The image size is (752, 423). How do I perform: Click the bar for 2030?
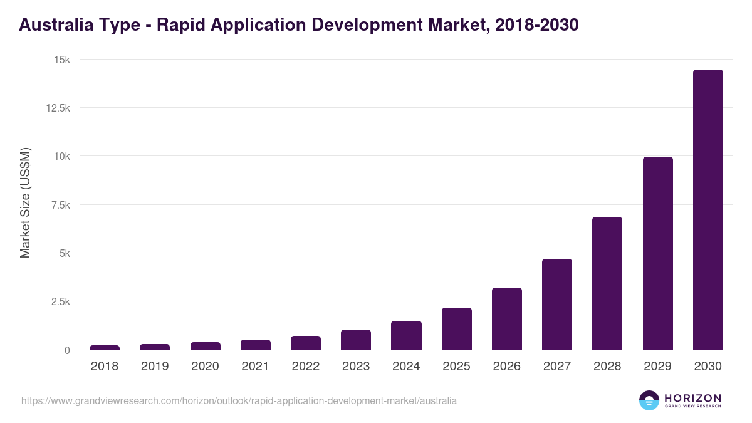pyautogui.click(x=708, y=210)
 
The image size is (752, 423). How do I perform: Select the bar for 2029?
pyautogui.click(x=657, y=253)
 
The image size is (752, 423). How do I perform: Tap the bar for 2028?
pyautogui.click(x=607, y=283)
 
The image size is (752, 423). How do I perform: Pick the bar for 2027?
pyautogui.click(x=556, y=305)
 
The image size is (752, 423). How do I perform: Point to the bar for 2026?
pyautogui.click(x=506, y=319)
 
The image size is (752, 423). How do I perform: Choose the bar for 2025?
pyautogui.click(x=456, y=329)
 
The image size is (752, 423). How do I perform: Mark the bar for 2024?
pyautogui.click(x=406, y=335)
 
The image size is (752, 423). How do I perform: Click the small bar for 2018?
pyautogui.click(x=105, y=347)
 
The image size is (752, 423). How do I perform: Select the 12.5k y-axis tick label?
pyautogui.click(x=58, y=108)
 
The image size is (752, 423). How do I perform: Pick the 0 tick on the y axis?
pyautogui.click(x=66, y=350)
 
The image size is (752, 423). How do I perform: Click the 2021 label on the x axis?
pyautogui.click(x=255, y=367)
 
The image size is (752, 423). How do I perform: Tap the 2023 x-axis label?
pyautogui.click(x=356, y=367)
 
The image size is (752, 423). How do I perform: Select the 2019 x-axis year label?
pyautogui.click(x=155, y=367)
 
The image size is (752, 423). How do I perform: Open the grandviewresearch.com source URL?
pyautogui.click(x=239, y=400)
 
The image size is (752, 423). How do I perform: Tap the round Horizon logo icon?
pyautogui.click(x=649, y=400)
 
